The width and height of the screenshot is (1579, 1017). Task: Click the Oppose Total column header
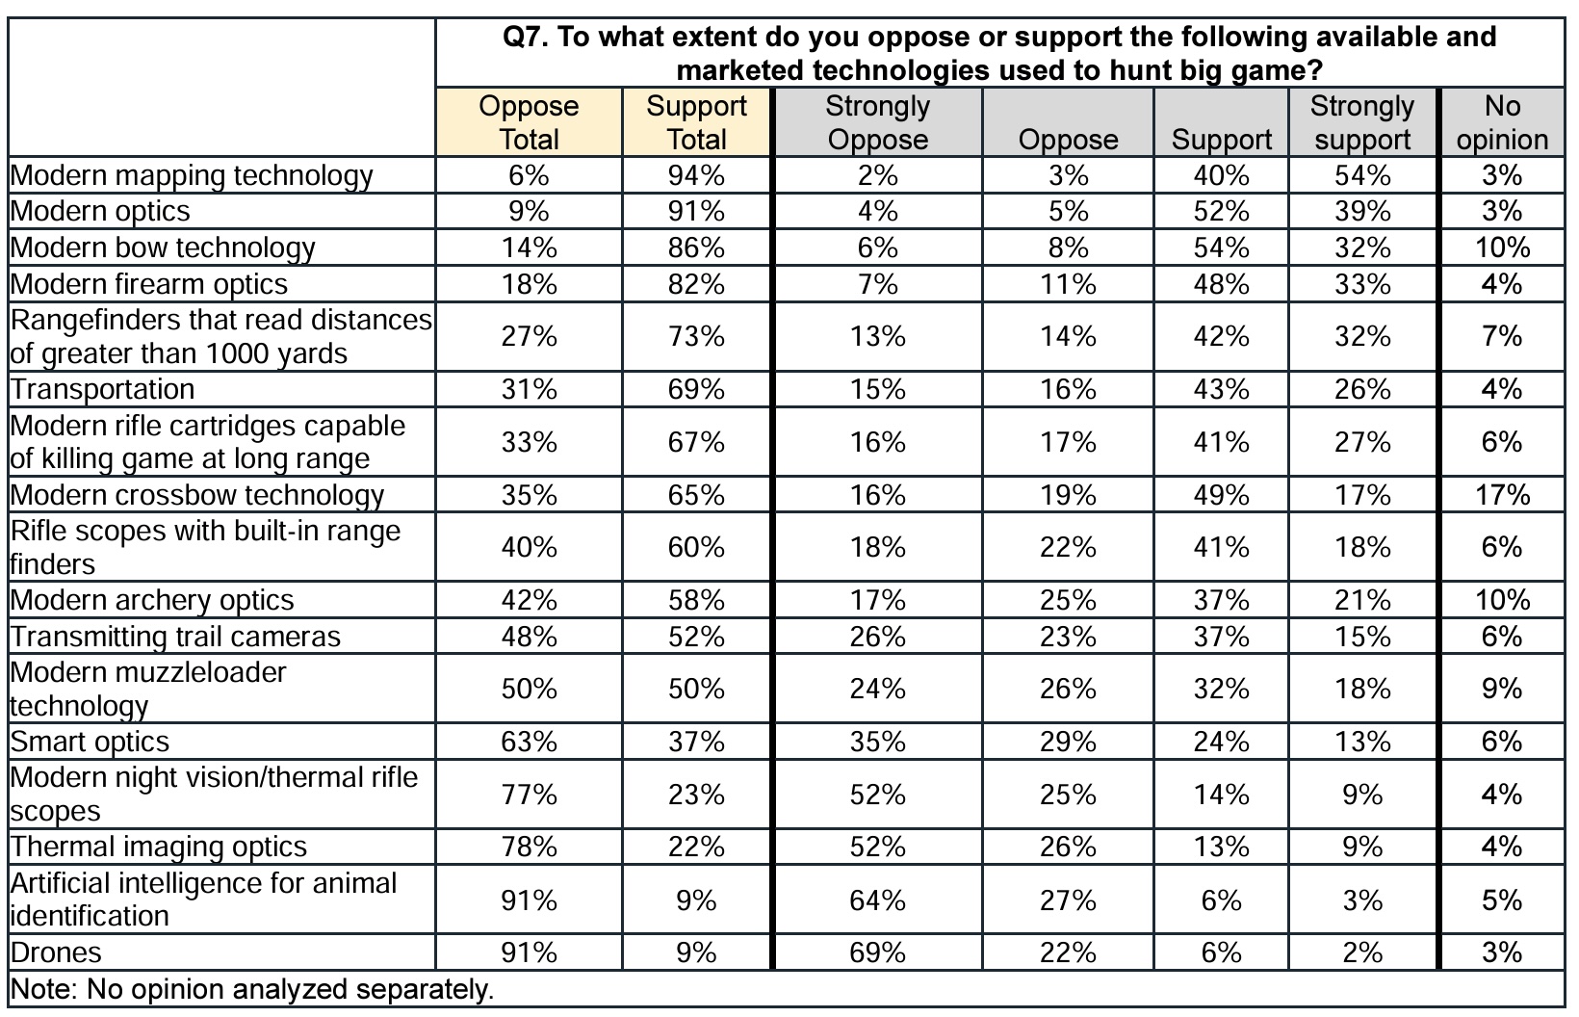529,122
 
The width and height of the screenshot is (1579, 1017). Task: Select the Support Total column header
696,122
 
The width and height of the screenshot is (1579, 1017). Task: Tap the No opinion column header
1502,122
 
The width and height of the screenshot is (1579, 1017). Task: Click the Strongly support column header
1362,122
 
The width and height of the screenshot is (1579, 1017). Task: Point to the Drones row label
56,952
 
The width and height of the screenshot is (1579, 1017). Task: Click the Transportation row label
103,389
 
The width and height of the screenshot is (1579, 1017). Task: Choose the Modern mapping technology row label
192,175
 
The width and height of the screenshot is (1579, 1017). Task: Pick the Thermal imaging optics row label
159,847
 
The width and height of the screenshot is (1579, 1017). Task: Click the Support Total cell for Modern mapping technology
696,175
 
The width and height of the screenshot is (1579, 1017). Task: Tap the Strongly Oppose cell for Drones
877,952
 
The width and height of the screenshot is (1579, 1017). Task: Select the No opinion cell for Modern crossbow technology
1502,495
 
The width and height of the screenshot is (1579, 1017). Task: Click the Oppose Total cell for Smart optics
529,742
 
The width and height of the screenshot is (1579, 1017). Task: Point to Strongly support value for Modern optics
1362,211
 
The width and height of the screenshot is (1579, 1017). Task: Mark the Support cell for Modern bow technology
1221,248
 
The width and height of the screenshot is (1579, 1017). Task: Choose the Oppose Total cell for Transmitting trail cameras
529,637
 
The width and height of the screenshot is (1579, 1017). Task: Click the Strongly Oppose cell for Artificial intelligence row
877,900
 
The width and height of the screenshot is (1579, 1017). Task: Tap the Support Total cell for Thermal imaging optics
696,847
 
